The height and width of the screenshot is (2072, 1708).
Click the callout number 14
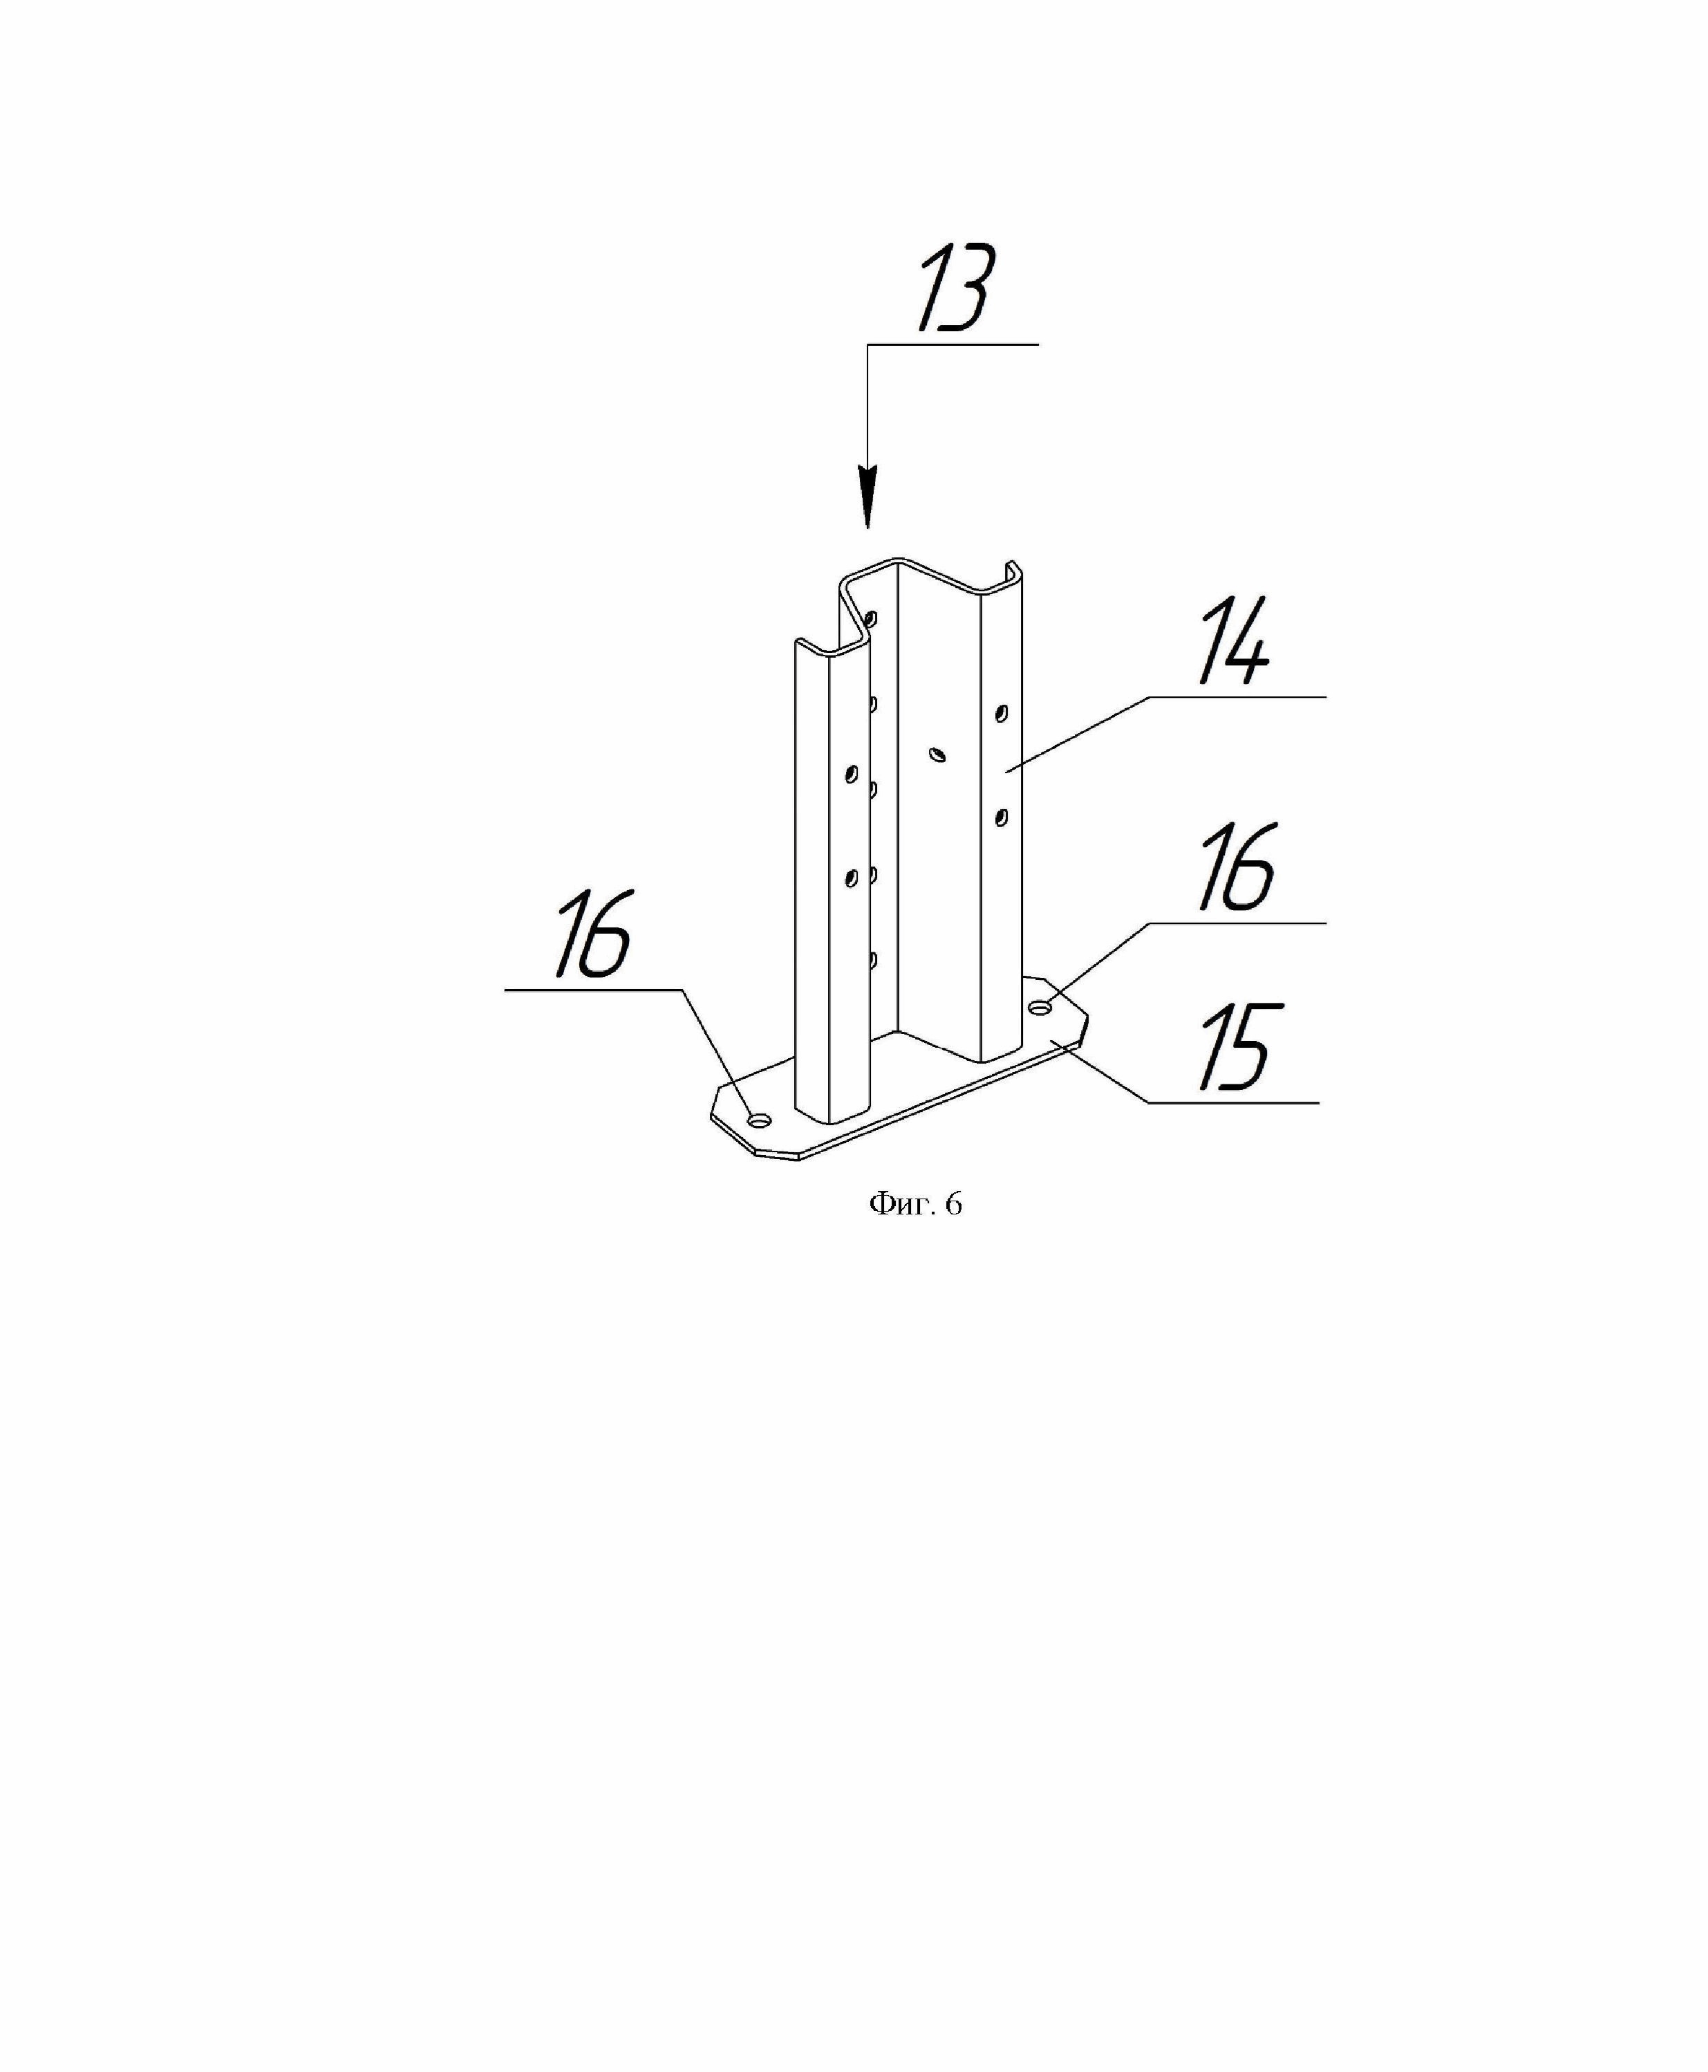point(1235,644)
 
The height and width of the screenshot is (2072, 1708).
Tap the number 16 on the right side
point(1237,868)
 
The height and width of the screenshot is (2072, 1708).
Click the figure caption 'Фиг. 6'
point(915,1204)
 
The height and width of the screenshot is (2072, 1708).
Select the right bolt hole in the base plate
point(1040,1007)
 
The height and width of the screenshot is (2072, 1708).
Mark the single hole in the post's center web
point(937,755)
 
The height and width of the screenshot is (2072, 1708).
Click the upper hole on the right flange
point(1002,712)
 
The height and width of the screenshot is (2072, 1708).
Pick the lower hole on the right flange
point(1002,816)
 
